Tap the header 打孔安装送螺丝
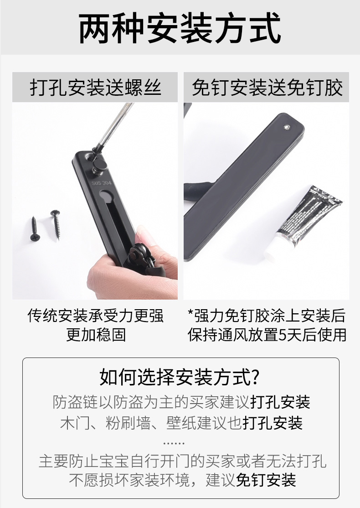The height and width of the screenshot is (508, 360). point(95,88)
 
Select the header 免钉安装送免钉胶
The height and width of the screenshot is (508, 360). point(267,88)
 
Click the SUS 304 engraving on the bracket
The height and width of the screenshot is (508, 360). point(101,183)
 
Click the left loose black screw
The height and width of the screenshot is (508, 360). point(34,229)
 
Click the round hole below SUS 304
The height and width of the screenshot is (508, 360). point(104,196)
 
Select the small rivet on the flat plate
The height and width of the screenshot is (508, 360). point(287,127)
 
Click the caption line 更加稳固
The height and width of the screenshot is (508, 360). point(96,335)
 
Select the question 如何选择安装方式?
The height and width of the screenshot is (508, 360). point(180,377)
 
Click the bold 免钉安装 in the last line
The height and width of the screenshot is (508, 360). point(266,480)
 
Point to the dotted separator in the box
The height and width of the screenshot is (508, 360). point(174,443)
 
